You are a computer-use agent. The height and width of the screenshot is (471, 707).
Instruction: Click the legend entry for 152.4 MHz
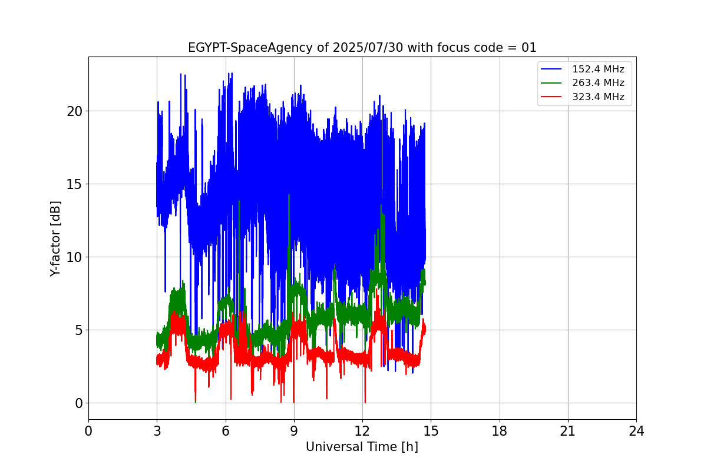[598, 69]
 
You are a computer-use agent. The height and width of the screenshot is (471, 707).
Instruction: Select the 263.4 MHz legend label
[598, 83]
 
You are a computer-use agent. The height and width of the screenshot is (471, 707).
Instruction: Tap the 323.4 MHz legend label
[598, 97]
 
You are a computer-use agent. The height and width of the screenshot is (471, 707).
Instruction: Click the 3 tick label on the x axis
[157, 432]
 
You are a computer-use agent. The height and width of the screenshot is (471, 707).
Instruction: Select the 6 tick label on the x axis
[226, 432]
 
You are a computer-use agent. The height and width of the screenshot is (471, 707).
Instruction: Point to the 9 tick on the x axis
[294, 432]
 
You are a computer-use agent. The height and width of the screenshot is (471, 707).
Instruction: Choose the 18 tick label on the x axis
[500, 432]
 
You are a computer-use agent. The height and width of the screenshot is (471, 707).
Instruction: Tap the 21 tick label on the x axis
[568, 432]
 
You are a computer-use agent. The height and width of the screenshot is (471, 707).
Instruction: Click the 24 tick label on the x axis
[636, 432]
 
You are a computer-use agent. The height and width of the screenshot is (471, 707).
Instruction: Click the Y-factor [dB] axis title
[55, 238]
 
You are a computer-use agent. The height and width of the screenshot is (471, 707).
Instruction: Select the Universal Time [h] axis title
[362, 447]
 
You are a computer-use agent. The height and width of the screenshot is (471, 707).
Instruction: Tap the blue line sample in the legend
[553, 69]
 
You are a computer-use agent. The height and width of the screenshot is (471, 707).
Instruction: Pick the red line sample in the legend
[553, 97]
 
